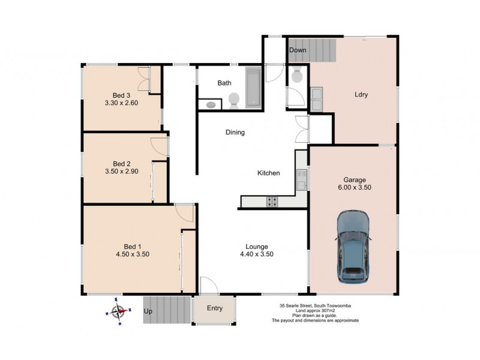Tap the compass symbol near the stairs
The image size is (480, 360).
tap(118, 311)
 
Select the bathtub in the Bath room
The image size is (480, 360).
tap(253, 89)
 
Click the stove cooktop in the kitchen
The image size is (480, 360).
tap(271, 202)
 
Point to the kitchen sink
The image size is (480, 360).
tap(301, 178)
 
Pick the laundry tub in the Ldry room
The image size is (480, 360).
tap(316, 99)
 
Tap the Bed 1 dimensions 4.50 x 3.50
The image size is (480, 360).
tap(132, 254)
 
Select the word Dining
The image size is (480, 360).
tap(235, 133)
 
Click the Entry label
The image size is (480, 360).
tap(214, 308)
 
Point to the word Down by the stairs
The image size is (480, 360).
tap(298, 50)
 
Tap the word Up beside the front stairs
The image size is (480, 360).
tap(148, 312)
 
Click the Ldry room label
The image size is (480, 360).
tap(361, 95)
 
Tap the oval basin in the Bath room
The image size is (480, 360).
tap(211, 104)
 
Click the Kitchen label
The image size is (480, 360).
tap(268, 173)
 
